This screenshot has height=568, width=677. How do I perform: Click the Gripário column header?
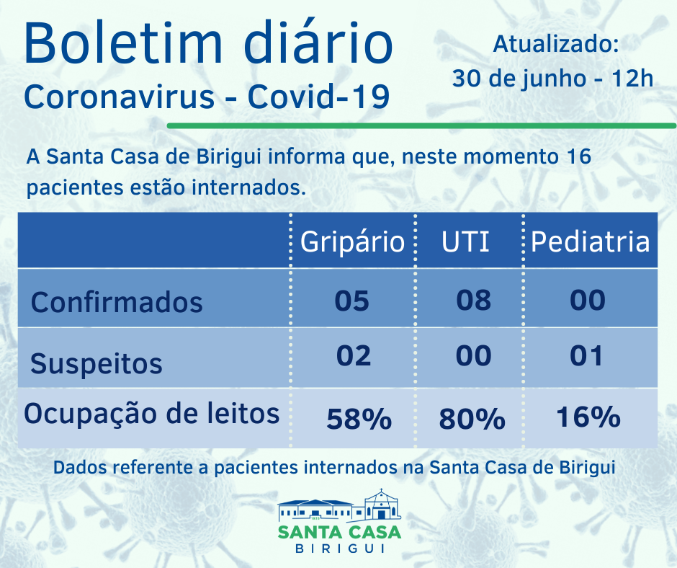352,241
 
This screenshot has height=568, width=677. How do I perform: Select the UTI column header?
466,241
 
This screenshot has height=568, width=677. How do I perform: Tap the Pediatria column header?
590,241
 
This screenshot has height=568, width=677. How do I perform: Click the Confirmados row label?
117,302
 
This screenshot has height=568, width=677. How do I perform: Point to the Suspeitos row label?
97,363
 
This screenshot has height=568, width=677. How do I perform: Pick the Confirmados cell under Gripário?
352,300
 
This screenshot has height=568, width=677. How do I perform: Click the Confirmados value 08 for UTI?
474,300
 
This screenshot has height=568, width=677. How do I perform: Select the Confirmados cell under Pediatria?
587,300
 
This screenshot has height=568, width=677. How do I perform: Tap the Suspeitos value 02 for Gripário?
353,355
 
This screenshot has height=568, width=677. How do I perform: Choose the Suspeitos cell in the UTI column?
474,355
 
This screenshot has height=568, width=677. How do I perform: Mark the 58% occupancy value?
359,419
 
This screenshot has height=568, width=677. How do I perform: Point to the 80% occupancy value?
472,419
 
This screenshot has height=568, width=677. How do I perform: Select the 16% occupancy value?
588,417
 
